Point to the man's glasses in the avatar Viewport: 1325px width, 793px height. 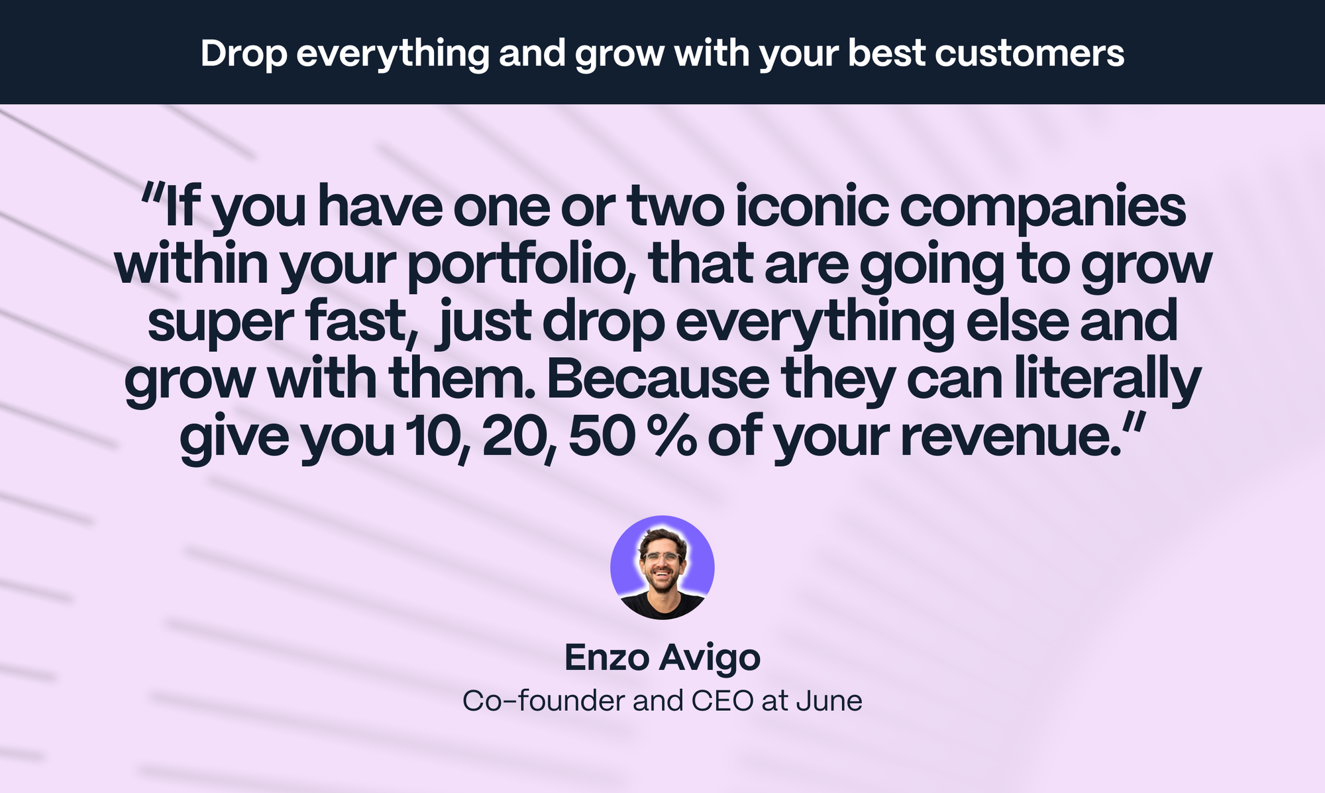[661, 557]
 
